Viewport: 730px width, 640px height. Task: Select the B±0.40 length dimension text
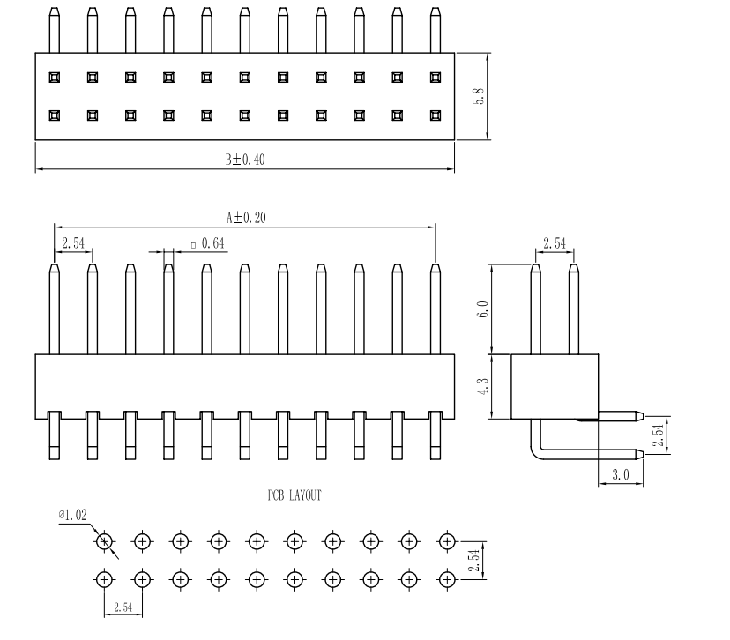pos(244,160)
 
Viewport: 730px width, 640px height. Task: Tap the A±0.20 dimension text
pos(245,216)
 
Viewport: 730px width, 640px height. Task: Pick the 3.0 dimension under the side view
pos(621,475)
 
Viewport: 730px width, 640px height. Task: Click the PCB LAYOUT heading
pos(294,495)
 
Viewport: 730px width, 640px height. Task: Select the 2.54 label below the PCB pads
pos(123,607)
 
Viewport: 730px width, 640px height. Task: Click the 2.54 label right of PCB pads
pos(475,560)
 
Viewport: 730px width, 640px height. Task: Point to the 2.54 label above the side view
pos(555,242)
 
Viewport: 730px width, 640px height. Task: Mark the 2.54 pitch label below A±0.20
pos(73,242)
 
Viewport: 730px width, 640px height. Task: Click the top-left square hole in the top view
pos(54,77)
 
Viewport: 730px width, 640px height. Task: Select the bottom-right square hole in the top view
pos(435,115)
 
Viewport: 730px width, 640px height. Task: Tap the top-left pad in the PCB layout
pos(104,541)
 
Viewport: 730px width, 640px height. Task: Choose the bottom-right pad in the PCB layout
pos(447,579)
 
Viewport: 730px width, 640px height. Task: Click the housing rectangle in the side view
pos(555,385)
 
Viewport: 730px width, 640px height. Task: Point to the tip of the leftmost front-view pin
pos(54,268)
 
